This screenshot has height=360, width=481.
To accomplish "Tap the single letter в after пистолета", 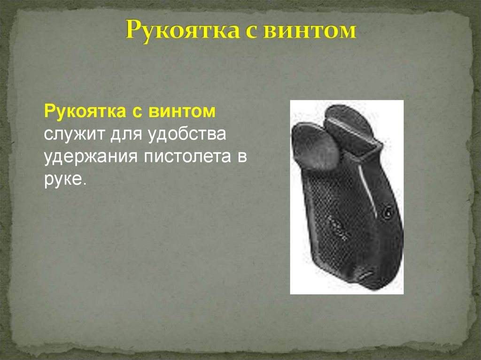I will coord(242,157).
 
